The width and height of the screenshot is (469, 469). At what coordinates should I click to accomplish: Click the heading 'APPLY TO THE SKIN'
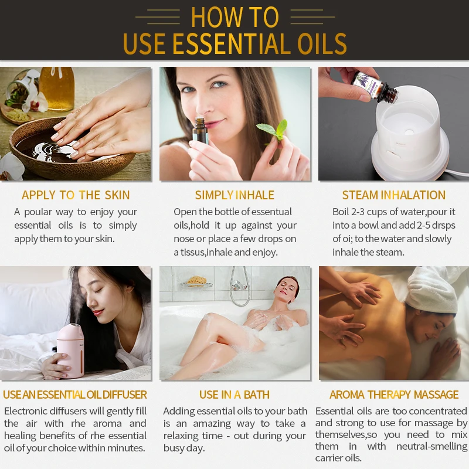tap(76, 195)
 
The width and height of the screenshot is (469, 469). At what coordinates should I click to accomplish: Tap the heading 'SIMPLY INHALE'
tap(235, 195)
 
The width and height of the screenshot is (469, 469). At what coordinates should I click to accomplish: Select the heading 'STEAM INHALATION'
tap(394, 195)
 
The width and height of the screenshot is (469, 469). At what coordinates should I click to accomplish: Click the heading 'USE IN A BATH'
tap(235, 395)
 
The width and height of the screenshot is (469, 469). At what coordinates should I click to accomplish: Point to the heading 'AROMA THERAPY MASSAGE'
tap(394, 395)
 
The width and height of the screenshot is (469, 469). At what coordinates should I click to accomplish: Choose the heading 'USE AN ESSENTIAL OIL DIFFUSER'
tap(75, 395)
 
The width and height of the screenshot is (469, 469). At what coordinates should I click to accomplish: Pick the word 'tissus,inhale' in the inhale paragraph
tap(215, 252)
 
